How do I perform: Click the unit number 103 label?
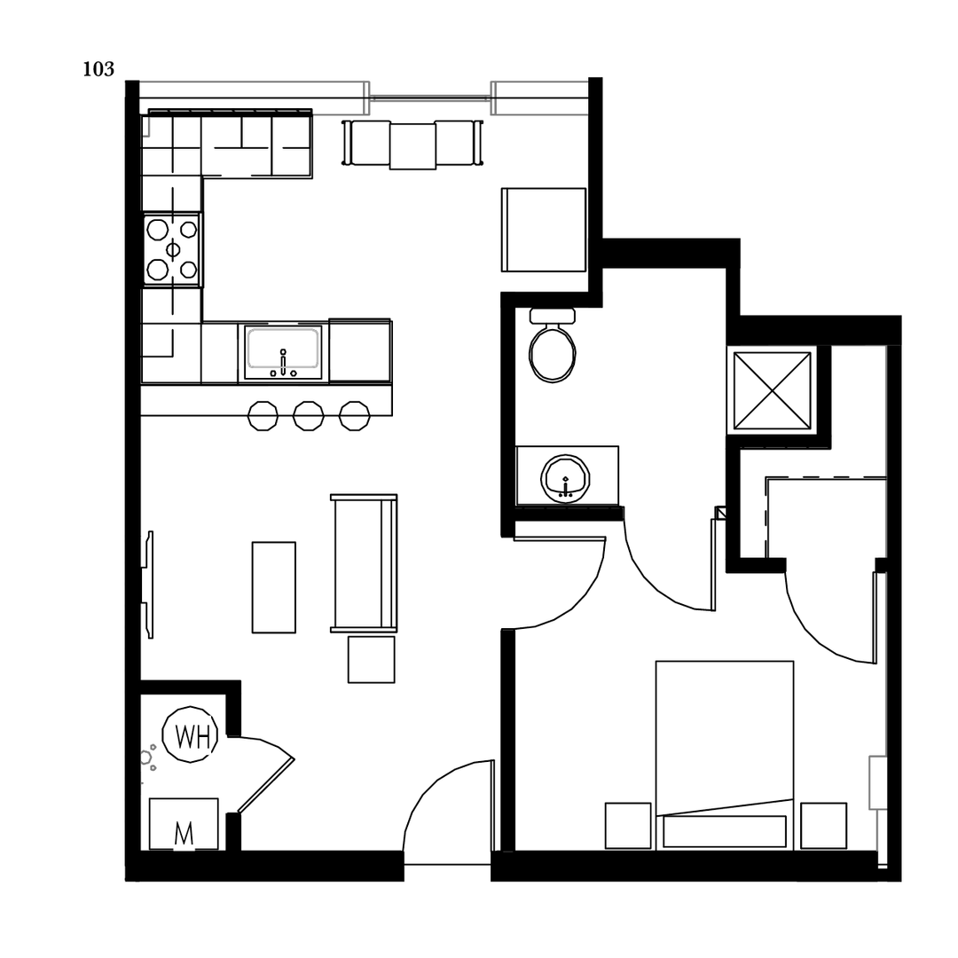(98, 70)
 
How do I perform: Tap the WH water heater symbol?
(190, 735)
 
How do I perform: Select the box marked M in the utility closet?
(184, 825)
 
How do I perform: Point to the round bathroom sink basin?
(565, 478)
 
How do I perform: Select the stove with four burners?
(172, 250)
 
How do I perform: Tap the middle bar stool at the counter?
(309, 416)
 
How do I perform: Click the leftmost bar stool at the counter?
(263, 416)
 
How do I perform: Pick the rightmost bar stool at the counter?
(354, 416)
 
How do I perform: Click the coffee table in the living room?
(273, 587)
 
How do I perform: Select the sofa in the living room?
(363, 563)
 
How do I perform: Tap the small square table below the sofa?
(371, 659)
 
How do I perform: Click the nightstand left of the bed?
(628, 826)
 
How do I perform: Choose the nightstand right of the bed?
(823, 826)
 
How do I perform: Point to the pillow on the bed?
(725, 831)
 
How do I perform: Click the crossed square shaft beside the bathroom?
(772, 390)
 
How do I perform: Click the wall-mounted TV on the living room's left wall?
(148, 585)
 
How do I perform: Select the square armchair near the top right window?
(545, 230)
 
